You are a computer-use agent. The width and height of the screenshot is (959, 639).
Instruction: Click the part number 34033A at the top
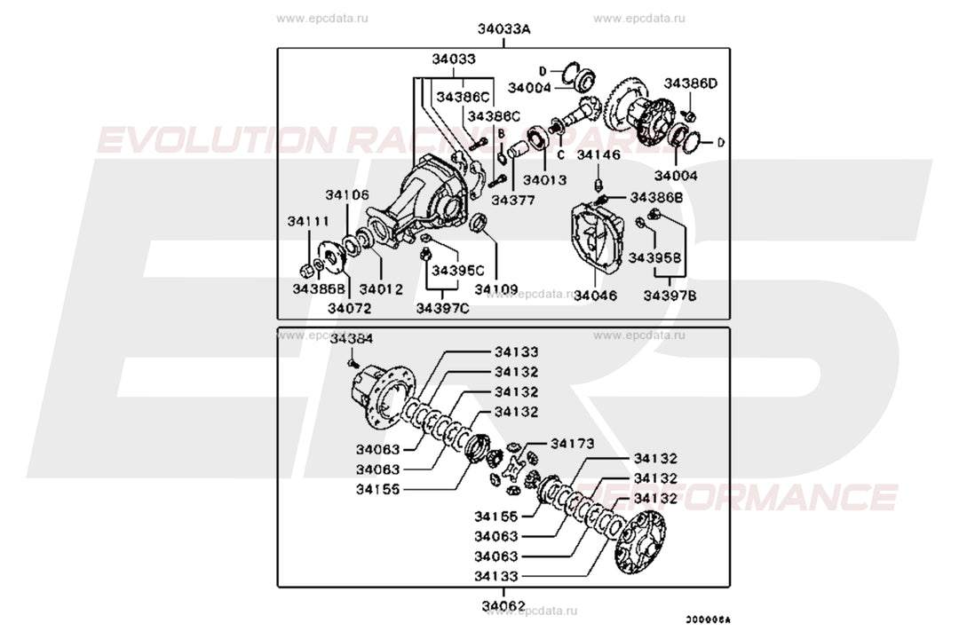tap(503, 29)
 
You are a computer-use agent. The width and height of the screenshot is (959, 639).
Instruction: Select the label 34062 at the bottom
tap(503, 607)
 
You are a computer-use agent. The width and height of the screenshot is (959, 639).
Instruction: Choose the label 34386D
tap(691, 83)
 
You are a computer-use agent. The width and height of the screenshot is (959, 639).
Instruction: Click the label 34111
tap(308, 221)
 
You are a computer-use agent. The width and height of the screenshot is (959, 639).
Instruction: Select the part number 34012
tap(381, 288)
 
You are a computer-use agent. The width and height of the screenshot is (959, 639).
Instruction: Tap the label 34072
tap(349, 308)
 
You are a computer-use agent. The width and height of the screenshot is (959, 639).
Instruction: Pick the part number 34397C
tap(442, 308)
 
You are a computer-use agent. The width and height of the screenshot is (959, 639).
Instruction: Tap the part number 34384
tap(352, 338)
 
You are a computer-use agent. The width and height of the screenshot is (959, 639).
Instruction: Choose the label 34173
tap(573, 443)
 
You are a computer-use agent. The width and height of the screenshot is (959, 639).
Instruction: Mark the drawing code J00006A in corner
tap(712, 621)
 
